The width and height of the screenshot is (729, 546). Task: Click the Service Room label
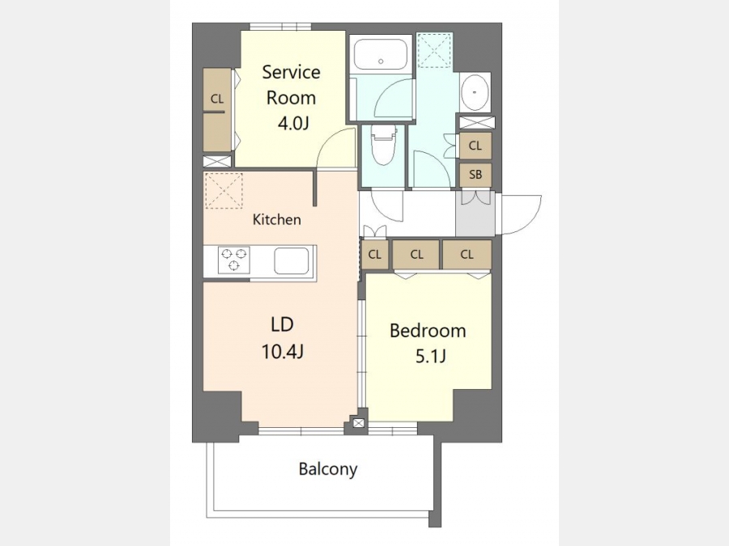[x=291, y=85]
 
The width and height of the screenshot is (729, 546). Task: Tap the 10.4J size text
[x=283, y=352]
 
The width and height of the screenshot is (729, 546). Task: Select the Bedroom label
[x=428, y=331]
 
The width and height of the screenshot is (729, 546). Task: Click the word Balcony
[x=328, y=469]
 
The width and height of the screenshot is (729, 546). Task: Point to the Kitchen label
[x=277, y=219]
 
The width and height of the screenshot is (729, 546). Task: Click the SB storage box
[x=475, y=175]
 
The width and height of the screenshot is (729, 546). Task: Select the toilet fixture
[x=383, y=144]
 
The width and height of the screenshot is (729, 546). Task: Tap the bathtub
[x=381, y=54]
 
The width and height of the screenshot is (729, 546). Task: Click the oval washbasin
[x=475, y=92]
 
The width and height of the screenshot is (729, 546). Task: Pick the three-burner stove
[x=234, y=260]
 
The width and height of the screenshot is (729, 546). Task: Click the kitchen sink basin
[x=292, y=260]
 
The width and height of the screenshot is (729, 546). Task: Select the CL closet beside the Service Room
[x=217, y=109]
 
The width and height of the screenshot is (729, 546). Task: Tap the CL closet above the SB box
[x=475, y=146]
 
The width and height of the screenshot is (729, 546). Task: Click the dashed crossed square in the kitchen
[x=224, y=190]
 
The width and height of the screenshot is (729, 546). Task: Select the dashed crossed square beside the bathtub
[x=435, y=50]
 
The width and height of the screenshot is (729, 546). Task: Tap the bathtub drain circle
[x=381, y=61]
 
